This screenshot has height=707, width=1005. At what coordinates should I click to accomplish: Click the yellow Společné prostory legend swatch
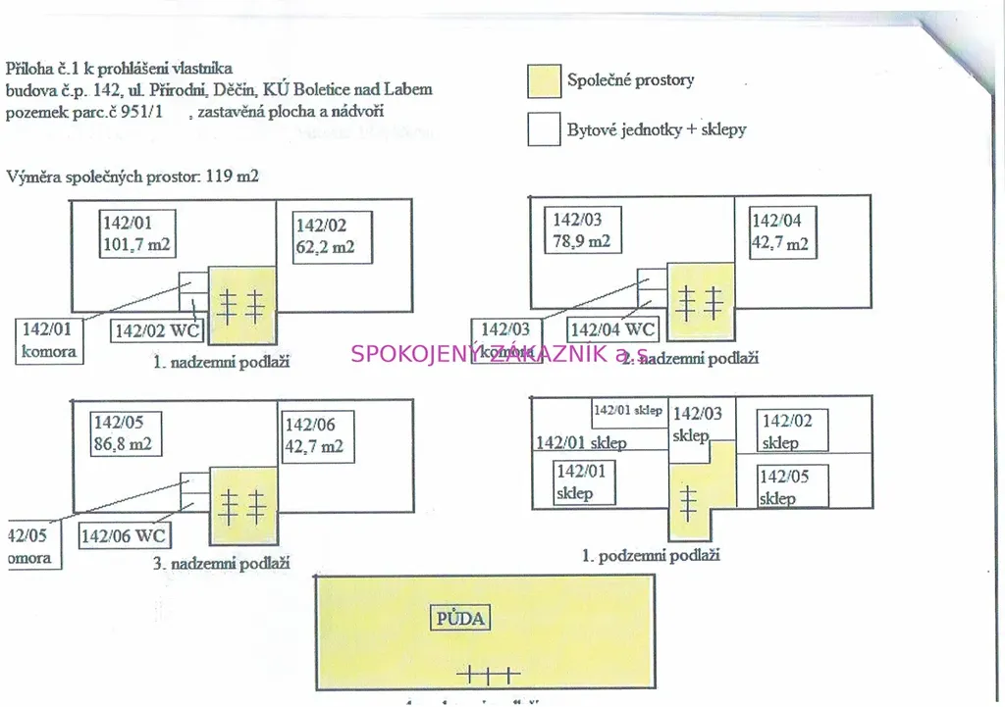545,81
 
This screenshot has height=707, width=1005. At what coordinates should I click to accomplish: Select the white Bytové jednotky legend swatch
545,129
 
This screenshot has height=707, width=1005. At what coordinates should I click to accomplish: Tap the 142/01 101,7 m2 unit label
139,233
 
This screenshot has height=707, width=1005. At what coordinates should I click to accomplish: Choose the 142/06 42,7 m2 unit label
314,435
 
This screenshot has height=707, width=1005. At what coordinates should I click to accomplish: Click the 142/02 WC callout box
158,331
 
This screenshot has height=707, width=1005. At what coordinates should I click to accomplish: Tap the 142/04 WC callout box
613,330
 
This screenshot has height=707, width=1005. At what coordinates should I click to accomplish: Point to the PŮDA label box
461,619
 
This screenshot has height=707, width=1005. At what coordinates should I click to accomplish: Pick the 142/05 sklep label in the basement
790,487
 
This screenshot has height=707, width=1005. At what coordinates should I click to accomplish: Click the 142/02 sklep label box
794,431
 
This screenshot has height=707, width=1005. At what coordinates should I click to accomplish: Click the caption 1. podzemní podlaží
651,555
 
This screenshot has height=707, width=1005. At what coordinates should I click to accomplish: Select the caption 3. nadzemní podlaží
221,564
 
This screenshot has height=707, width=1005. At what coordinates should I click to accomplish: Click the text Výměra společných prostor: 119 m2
132,177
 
